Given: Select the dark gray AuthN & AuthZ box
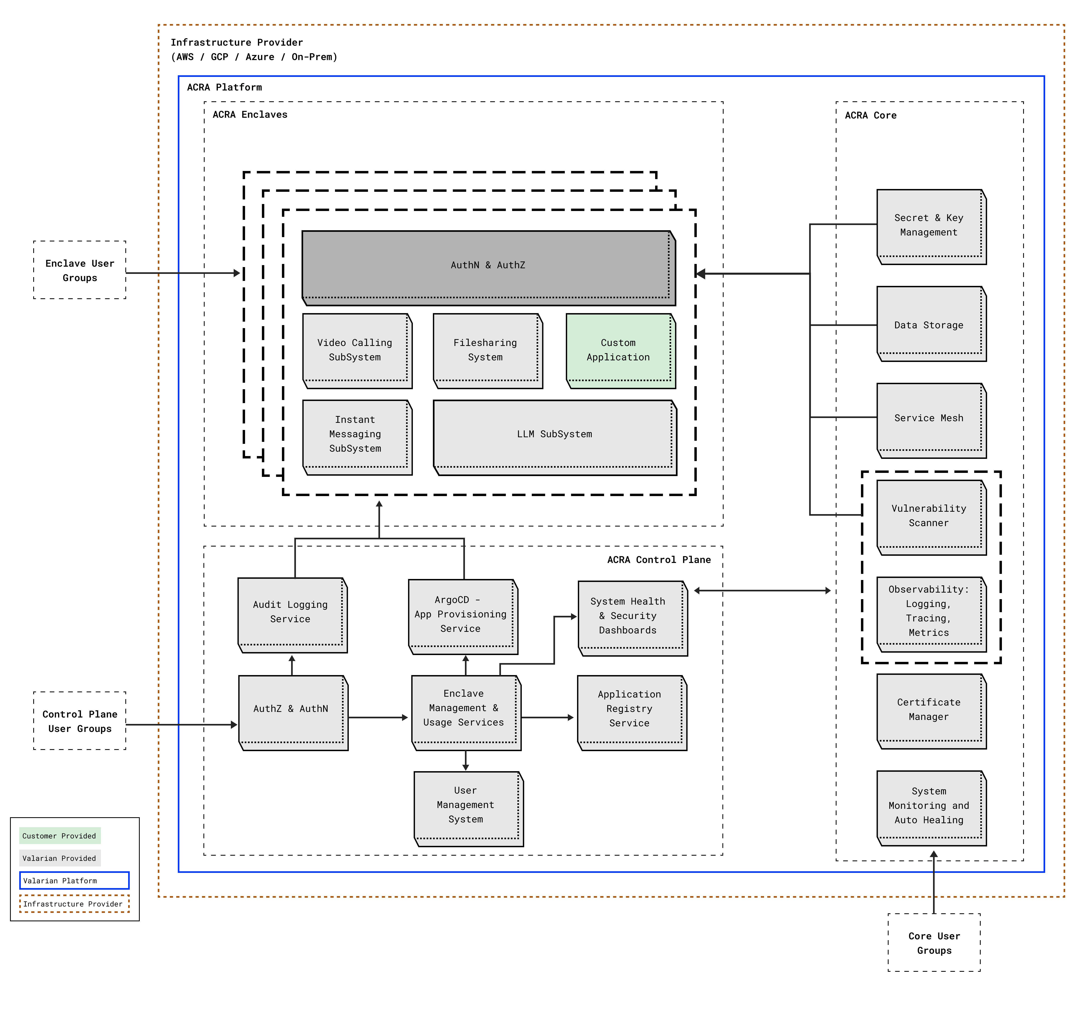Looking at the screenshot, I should tap(488, 267).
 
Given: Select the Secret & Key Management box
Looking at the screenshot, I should tap(931, 226).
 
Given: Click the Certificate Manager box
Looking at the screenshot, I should tap(931, 710).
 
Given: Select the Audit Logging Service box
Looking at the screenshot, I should tap(292, 614).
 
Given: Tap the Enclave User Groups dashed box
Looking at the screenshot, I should tap(79, 270).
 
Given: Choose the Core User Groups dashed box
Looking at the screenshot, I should tap(934, 943).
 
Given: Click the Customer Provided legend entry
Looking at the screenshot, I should tap(59, 835).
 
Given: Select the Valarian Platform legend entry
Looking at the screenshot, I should tap(74, 880).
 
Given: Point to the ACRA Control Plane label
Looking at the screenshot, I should tap(659, 560).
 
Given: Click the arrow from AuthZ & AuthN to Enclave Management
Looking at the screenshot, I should tap(378, 717).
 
